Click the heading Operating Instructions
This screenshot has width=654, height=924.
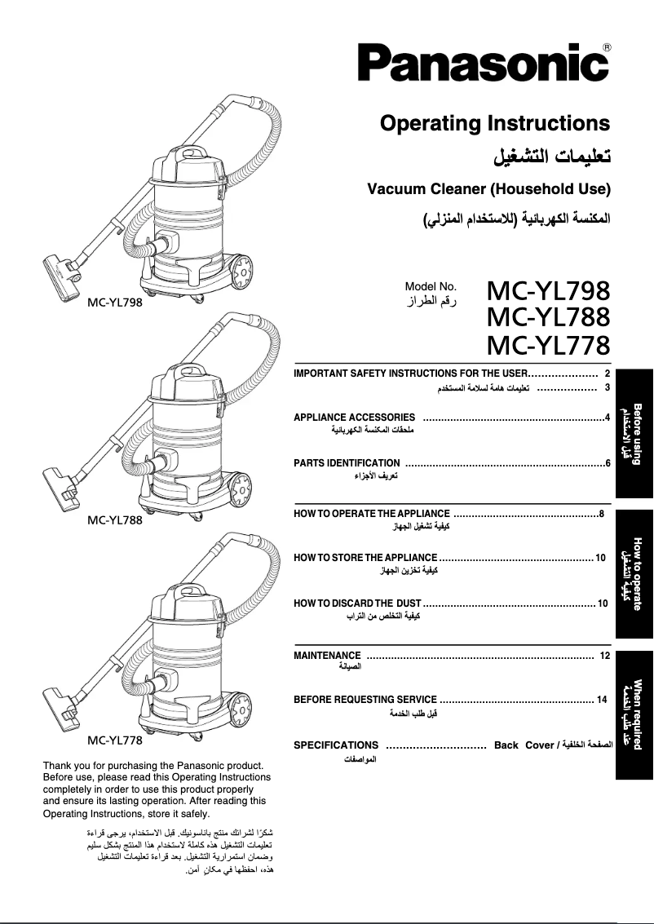[494, 124]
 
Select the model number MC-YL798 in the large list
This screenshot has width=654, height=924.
[547, 291]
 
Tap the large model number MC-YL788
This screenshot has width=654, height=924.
[547, 317]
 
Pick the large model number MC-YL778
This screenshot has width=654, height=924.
[547, 345]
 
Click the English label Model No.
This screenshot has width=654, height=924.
[431, 286]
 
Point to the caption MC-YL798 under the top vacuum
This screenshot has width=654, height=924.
[115, 303]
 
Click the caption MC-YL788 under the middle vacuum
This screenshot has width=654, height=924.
[115, 520]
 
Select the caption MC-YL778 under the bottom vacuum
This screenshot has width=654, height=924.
[115, 741]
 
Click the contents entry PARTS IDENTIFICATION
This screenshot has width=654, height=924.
[347, 463]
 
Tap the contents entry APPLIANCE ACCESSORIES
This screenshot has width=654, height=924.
[354, 418]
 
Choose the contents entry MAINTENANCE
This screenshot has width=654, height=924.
[327, 656]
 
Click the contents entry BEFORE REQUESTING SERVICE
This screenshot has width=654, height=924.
[365, 700]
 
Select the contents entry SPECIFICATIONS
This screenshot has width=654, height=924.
[336, 745]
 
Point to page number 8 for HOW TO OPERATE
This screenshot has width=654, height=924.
[601, 514]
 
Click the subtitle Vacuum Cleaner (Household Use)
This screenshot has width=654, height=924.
[488, 189]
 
